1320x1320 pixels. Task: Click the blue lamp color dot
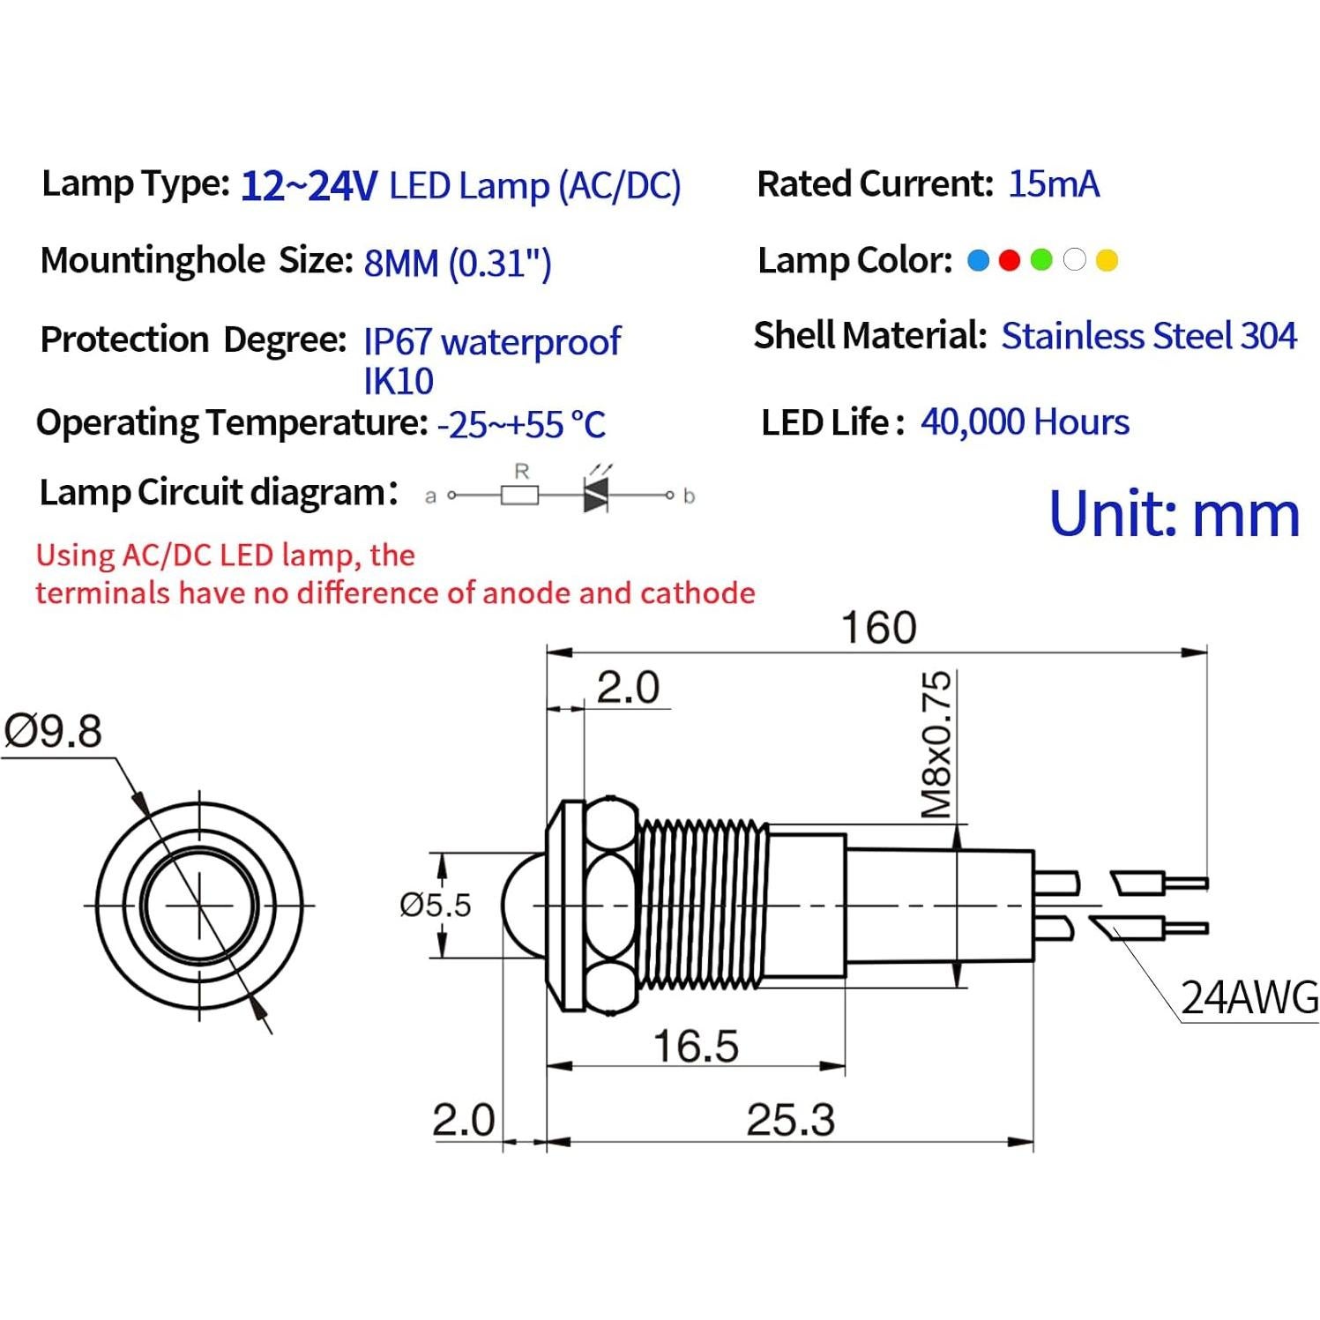978,260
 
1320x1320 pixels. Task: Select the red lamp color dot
1010,260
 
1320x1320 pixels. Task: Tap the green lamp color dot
1041,260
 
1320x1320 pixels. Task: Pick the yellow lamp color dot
1107,260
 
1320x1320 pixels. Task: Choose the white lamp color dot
1074,260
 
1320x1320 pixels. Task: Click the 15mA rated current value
1053,184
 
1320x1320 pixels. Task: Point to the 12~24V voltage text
309,186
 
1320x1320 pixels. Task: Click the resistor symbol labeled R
520,496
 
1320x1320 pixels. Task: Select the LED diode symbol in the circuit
596,496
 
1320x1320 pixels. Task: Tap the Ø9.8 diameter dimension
54,732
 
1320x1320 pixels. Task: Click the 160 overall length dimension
878,628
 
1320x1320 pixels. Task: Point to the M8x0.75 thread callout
936,745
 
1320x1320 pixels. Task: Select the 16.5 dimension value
696,1047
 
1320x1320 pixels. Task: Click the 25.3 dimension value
790,1121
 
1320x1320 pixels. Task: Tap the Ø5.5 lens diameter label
435,905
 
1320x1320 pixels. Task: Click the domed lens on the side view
522,905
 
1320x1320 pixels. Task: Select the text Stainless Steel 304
1148,336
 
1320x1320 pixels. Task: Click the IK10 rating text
399,381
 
